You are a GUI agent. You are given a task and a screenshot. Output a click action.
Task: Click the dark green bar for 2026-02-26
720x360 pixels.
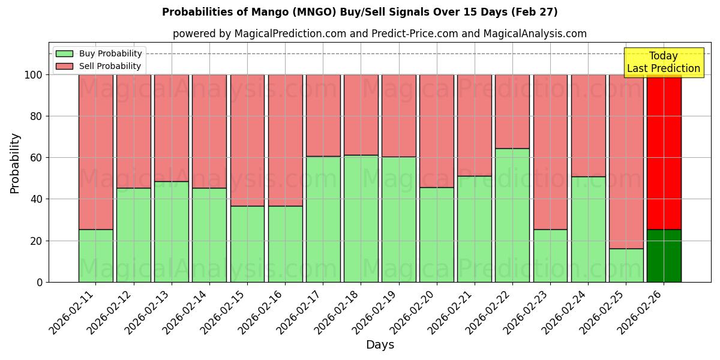tap(664, 256)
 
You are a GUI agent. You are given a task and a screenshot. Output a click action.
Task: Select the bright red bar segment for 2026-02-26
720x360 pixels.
tap(664, 152)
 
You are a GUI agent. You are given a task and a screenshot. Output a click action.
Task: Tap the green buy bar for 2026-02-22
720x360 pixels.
tap(512, 215)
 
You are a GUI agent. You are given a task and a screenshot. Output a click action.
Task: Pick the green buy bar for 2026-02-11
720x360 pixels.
tap(95, 256)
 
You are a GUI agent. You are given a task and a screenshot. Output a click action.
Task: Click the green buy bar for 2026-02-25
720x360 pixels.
tap(626, 265)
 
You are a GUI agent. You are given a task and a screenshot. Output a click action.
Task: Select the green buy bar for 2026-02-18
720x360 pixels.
tap(361, 218)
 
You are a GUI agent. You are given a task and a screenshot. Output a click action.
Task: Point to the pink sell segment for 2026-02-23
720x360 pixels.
tap(550, 152)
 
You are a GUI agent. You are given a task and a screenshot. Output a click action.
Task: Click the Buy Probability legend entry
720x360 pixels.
tap(99, 53)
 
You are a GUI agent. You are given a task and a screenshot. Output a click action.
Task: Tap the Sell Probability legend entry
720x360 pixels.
tap(99, 66)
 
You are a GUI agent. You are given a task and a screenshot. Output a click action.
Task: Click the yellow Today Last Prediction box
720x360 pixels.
tap(663, 62)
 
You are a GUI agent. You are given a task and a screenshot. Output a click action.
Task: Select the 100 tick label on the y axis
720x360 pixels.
tap(32, 75)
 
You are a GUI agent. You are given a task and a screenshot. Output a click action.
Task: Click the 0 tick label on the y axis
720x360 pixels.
tap(40, 282)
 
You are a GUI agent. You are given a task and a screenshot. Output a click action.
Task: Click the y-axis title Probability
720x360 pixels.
tap(15, 163)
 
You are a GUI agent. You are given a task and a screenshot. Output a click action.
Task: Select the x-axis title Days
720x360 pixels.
tap(380, 345)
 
